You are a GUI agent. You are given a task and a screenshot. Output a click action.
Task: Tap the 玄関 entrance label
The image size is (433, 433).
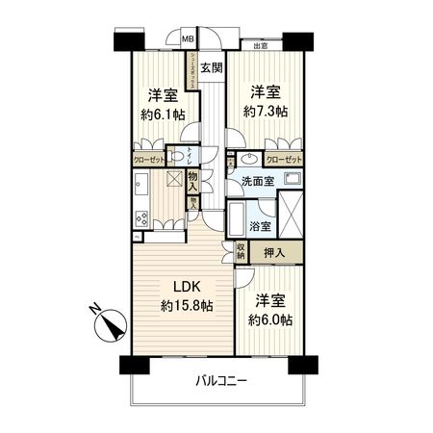click(213, 67)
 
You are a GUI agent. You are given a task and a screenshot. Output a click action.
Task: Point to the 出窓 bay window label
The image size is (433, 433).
click(261, 45)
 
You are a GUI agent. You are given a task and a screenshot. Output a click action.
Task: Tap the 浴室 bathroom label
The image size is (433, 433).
click(260, 226)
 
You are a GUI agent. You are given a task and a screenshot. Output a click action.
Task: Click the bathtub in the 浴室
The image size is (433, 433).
click(237, 219)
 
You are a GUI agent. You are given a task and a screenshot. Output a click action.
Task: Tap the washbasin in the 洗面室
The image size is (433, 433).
click(249, 161)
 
